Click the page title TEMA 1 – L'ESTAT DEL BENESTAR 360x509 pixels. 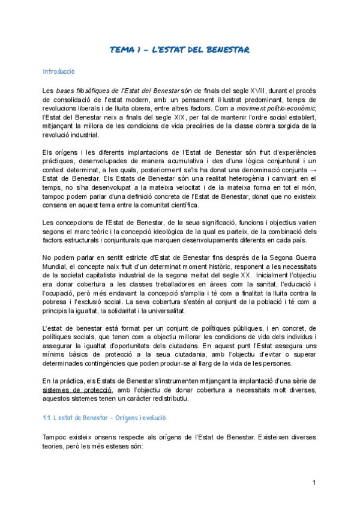[179, 49]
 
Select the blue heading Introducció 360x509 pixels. [58, 71]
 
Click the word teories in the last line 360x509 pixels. [55, 448]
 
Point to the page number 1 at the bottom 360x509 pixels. [314, 483]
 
